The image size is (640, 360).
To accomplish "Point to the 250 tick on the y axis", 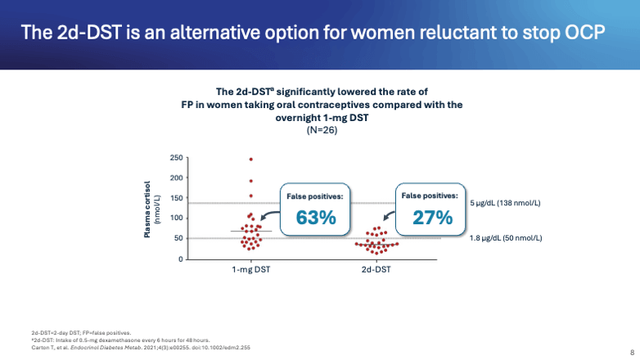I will click(x=177, y=158).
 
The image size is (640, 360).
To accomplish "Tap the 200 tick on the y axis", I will click(x=177, y=178).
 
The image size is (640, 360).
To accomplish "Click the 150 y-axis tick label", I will click(x=177, y=198).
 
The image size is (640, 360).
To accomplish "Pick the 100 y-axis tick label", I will click(x=177, y=218).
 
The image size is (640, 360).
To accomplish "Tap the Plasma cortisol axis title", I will click(x=150, y=209).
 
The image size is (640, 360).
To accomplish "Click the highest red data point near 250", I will click(x=250, y=159).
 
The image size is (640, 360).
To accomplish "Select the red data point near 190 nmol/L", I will click(x=250, y=181).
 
